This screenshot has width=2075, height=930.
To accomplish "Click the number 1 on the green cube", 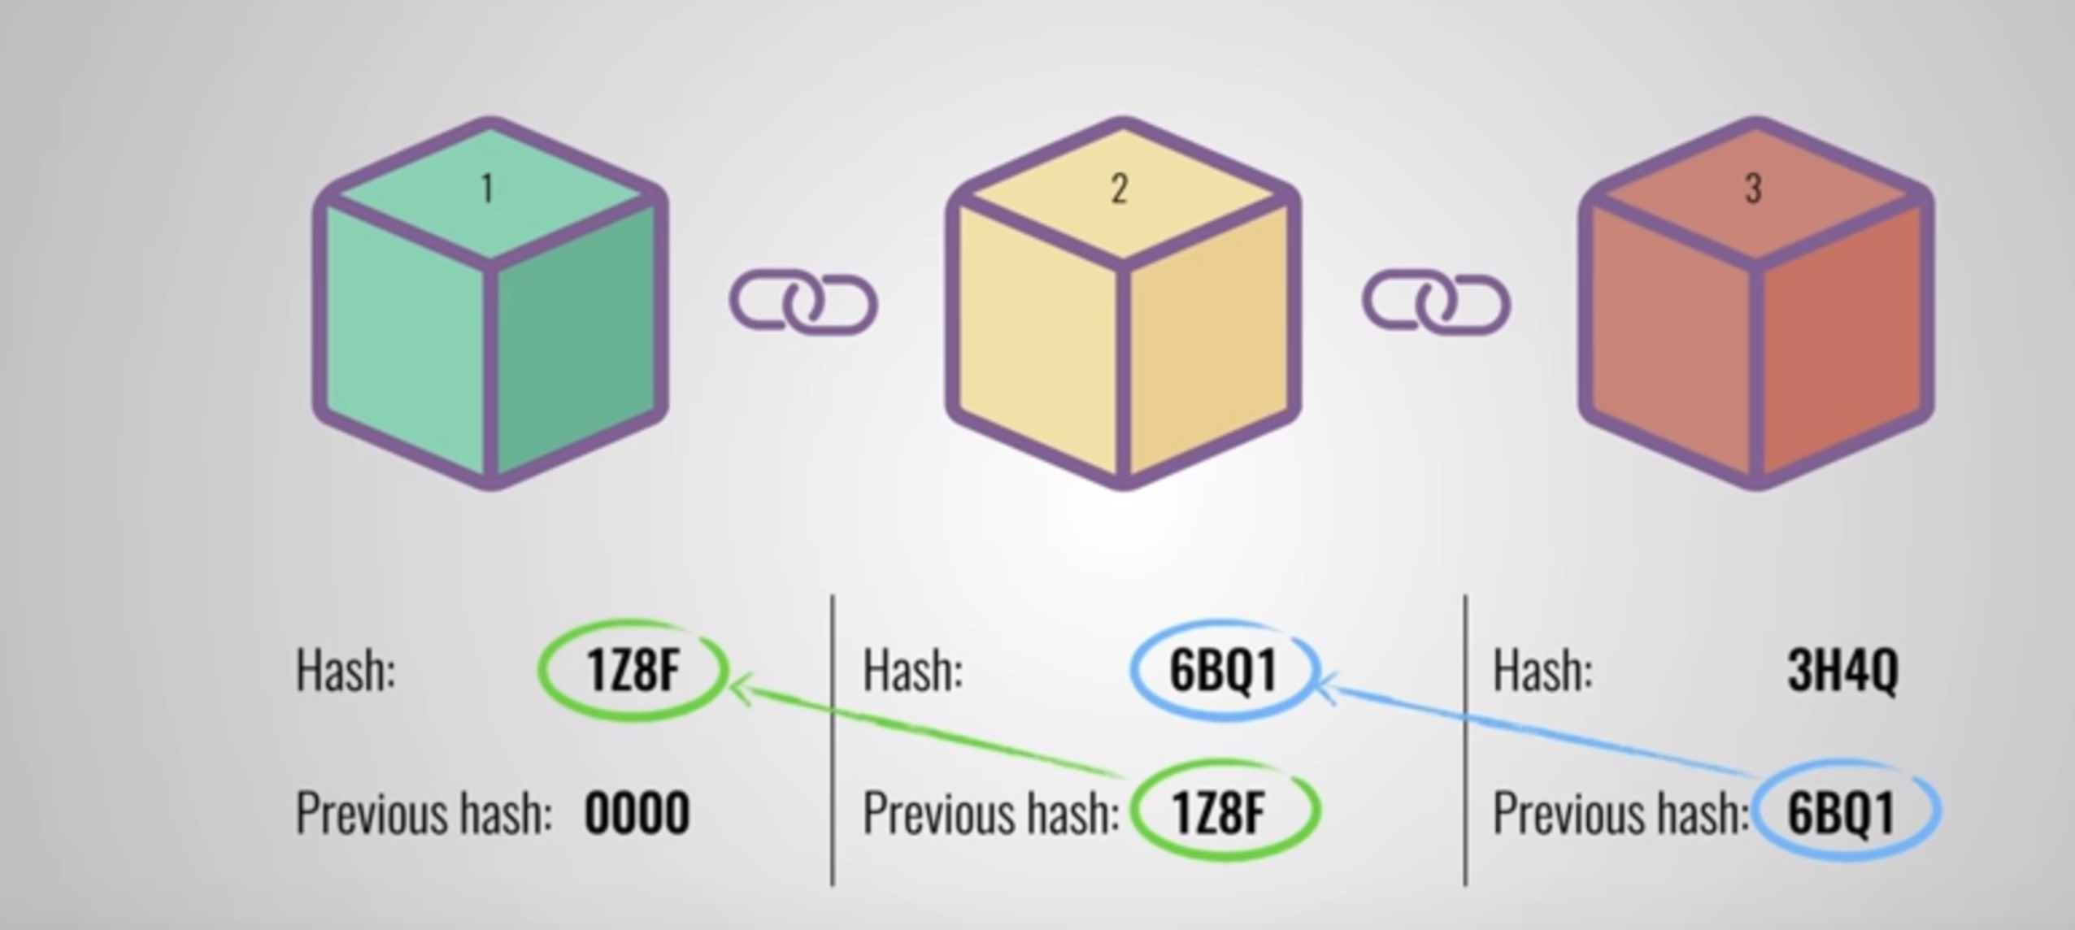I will coord(487,189).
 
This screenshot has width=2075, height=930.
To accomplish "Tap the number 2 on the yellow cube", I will coord(1120,189).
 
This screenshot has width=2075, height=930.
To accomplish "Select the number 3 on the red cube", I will coord(1753,189).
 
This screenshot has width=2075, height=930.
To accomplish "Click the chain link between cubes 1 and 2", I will coord(803,303).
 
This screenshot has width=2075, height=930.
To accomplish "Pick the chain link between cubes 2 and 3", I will coord(1437,303).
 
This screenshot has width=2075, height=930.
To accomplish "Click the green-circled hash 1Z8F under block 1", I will coord(632,671).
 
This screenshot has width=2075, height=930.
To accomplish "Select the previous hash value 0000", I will coord(637,812).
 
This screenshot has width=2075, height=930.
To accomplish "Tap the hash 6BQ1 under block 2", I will coord(1223,671).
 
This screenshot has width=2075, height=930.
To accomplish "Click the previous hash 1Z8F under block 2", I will coord(1219,812).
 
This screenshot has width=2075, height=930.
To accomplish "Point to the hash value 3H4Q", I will coord(1842,671).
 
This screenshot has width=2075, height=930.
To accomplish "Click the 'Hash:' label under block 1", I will coord(346,671).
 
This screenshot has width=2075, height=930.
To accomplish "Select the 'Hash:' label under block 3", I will coord(1542,671).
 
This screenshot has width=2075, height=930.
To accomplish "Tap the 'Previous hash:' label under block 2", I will coord(990,812).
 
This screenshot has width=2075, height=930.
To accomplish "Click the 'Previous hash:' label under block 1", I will coord(424,812).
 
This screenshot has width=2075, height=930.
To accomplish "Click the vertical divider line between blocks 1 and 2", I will coord(833,740).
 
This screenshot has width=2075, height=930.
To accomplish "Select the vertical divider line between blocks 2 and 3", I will coord(1465,740).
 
